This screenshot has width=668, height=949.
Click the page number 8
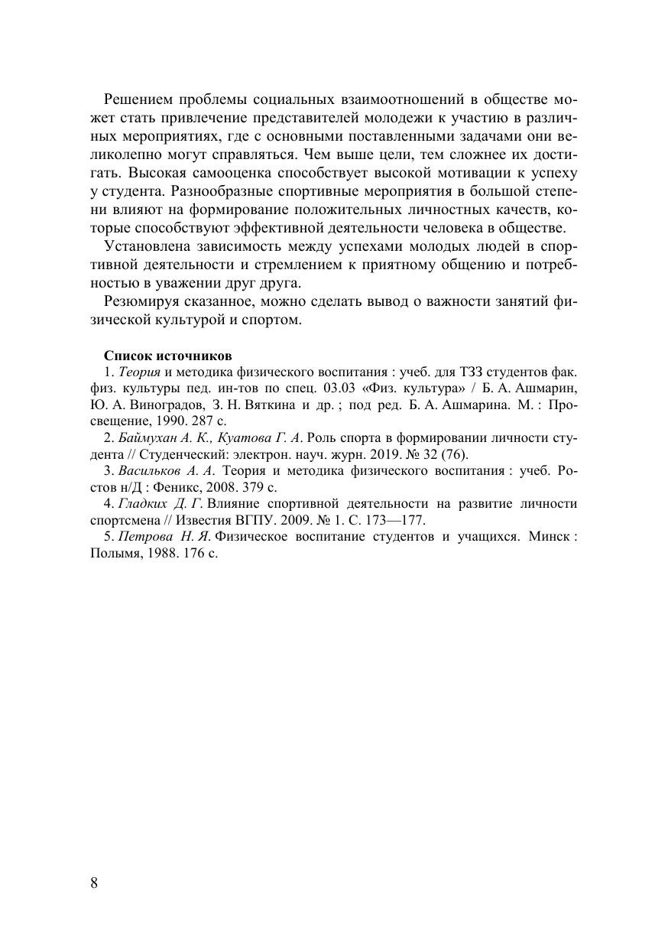pos(94,883)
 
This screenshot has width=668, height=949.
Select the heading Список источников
pos(167,356)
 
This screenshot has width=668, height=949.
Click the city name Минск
pos(546,536)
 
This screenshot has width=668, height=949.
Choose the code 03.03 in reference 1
pos(340,388)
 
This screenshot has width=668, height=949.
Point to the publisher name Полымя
pos(115,553)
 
